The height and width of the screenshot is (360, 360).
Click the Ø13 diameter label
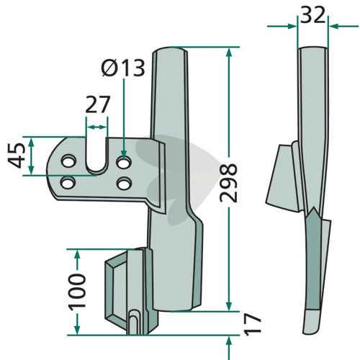[123, 68]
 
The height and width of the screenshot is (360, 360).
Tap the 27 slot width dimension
[97, 104]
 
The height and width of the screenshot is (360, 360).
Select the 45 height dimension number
[17, 156]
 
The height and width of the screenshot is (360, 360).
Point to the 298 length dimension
[229, 183]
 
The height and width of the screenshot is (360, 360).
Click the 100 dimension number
[77, 291]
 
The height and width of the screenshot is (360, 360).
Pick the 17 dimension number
[253, 324]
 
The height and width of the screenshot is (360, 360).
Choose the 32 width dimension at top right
[312, 15]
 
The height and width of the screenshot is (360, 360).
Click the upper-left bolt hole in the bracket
[69, 161]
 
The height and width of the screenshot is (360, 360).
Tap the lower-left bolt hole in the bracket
[68, 183]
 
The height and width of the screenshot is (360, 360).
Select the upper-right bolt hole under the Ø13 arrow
[124, 163]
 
